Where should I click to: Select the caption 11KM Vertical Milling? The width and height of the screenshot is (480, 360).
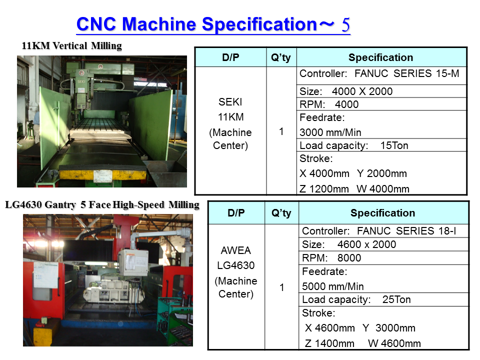[x=71, y=45]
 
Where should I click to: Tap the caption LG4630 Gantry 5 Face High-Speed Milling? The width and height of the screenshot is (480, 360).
[x=102, y=204]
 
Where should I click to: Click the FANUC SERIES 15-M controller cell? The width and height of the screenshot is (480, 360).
[x=381, y=75]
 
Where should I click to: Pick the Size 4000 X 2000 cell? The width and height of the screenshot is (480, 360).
[x=381, y=91]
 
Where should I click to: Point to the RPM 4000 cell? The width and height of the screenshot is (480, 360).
[x=381, y=104]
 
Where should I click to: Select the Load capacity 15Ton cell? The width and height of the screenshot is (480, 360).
[x=381, y=145]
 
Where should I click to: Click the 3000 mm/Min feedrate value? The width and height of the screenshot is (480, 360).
[x=330, y=132]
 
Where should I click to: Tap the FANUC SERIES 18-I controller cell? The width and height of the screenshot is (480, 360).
[x=383, y=231]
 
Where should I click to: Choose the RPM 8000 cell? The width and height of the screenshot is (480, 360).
[x=383, y=258]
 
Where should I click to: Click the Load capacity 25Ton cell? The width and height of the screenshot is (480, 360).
[x=383, y=299]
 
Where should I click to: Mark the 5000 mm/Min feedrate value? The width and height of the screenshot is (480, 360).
[x=333, y=286]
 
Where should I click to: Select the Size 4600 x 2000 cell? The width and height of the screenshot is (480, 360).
[x=383, y=244]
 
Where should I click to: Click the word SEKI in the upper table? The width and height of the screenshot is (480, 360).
[x=230, y=102]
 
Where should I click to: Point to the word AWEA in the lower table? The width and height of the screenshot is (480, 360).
[x=235, y=250]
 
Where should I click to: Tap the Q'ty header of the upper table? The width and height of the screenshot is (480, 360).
[x=281, y=57]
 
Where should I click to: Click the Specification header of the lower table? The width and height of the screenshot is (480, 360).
[x=382, y=213]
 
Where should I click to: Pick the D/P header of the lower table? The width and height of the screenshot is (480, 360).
[x=236, y=213]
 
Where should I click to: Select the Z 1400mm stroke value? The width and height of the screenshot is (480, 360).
[x=329, y=343]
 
